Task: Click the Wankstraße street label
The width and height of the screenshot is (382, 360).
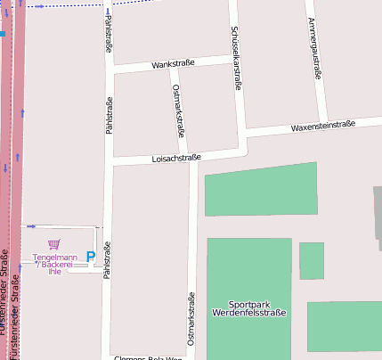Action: [173, 65]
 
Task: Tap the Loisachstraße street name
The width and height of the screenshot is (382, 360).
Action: [176, 158]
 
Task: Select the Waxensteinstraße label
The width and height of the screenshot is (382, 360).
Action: [322, 127]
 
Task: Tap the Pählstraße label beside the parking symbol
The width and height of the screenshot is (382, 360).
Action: [107, 261]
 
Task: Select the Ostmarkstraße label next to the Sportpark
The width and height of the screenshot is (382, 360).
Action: [191, 318]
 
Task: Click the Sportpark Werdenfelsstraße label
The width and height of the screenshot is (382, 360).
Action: [249, 308]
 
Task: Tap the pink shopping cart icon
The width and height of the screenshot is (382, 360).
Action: [54, 244]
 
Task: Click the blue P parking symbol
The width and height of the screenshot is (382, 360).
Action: [90, 257]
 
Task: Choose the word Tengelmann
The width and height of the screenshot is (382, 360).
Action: [55, 258]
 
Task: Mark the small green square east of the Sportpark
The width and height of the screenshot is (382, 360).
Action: [311, 260]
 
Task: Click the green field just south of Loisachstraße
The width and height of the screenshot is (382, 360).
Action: [261, 189]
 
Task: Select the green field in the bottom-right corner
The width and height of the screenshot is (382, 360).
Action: [345, 326]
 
